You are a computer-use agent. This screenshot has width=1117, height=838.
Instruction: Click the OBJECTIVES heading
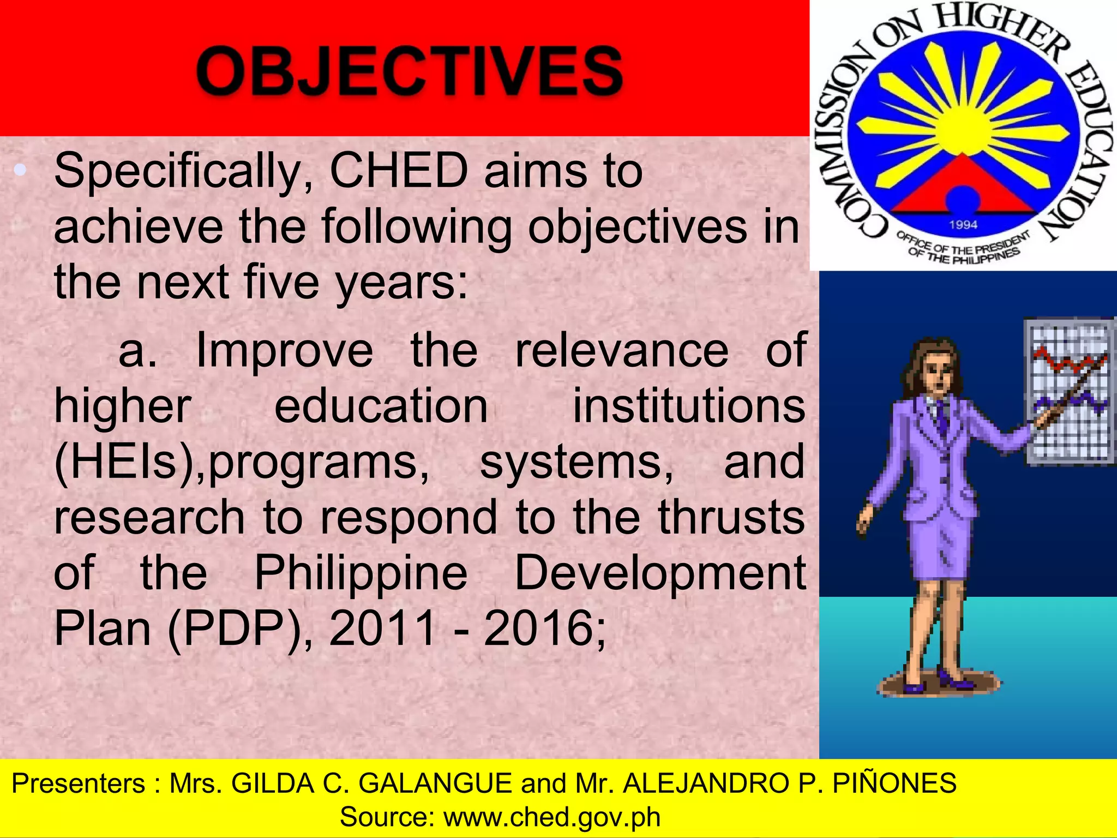pyautogui.click(x=409, y=71)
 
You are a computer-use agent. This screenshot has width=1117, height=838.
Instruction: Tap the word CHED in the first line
pyautogui.click(x=399, y=171)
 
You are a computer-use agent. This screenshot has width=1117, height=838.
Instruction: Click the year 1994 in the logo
pyautogui.click(x=963, y=224)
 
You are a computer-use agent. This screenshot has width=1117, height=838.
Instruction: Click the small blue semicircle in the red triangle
pyautogui.click(x=963, y=199)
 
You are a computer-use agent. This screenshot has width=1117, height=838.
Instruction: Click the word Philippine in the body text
pyautogui.click(x=361, y=574)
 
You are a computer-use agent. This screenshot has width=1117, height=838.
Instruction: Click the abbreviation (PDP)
pyautogui.click(x=235, y=629)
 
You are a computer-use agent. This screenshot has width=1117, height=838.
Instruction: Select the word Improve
pyautogui.click(x=284, y=350)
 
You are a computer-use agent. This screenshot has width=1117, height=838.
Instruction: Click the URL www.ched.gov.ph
pyautogui.click(x=551, y=817)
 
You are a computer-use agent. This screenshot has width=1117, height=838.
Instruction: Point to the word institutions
pyautogui.click(x=688, y=406)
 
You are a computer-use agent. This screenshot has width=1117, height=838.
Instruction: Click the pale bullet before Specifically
pyautogui.click(x=20, y=170)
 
